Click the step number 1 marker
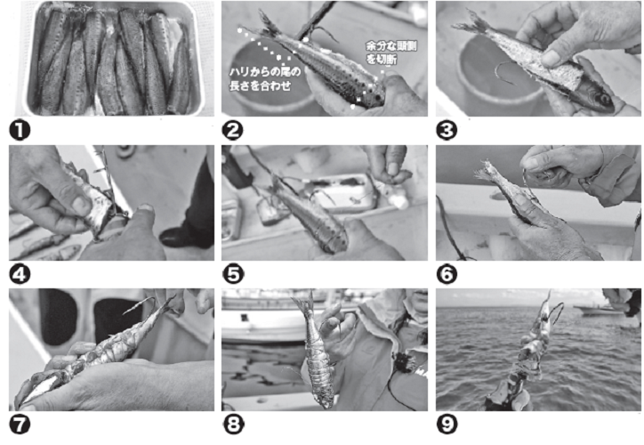(20, 131)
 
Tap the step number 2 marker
(232, 131)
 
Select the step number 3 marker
(447, 131)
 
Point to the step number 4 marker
(20, 274)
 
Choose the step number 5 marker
(232, 274)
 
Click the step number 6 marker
(447, 274)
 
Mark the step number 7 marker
(20, 425)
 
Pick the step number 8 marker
(232, 425)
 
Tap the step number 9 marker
(447, 425)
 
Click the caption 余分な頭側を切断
(390, 53)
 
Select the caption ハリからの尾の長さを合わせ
(264, 79)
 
